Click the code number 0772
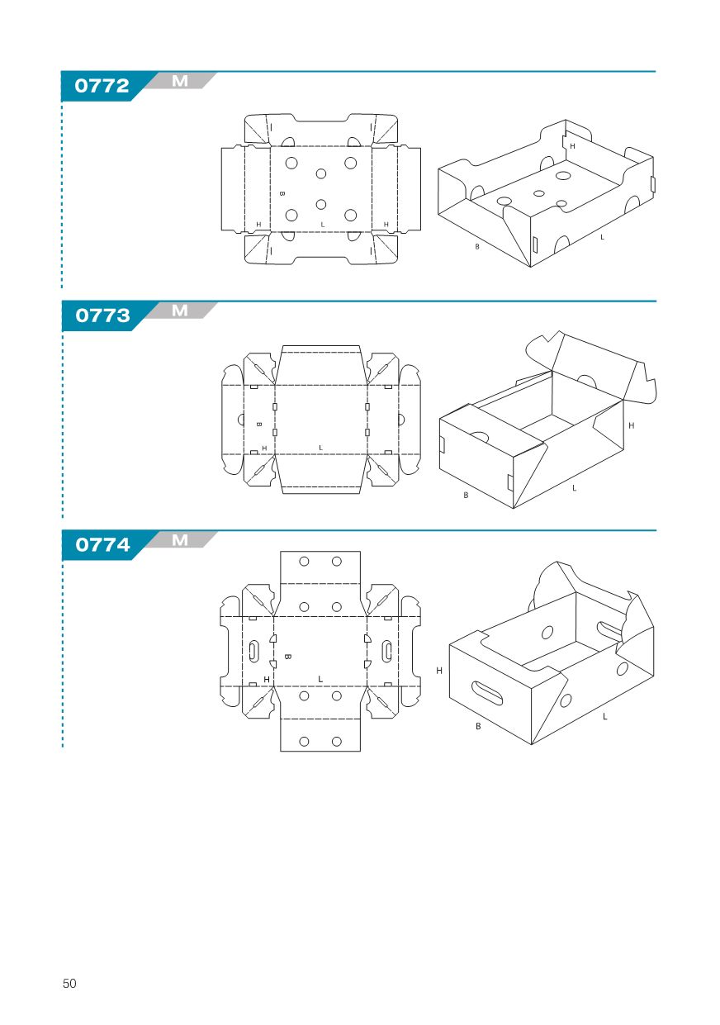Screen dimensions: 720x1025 point(102,86)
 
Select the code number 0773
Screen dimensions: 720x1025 point(103,316)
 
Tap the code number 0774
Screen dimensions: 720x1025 point(103,544)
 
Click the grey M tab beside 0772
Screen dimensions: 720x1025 point(180,81)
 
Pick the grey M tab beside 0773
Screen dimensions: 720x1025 point(180,311)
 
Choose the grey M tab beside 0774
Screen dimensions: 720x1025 point(180,540)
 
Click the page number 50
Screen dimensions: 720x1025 point(69,983)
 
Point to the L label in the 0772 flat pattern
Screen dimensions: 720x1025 point(323,225)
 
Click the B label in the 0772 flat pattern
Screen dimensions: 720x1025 point(282,193)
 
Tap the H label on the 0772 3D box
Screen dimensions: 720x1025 point(572,146)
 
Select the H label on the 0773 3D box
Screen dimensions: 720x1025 point(632,425)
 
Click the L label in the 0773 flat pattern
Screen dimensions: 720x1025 point(320,448)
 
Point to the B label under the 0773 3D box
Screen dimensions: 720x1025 point(466,495)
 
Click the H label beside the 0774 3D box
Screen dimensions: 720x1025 point(439,671)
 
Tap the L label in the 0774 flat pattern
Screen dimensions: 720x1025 point(320,679)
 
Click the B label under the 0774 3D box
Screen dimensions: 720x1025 point(478,726)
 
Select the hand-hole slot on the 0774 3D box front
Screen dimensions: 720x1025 point(486,693)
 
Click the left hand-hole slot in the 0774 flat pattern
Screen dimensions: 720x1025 point(253,651)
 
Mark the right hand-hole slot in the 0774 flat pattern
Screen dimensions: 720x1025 point(387,651)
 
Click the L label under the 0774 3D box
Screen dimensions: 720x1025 point(604,716)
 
